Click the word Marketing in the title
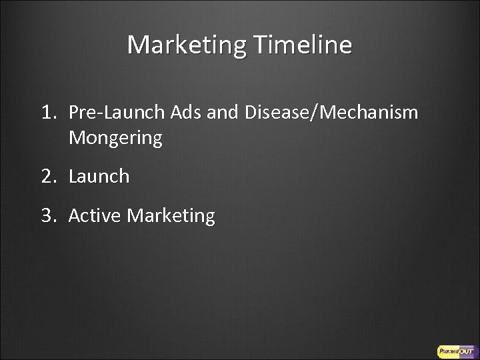(x=187, y=45)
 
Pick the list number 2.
(x=49, y=177)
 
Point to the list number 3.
(x=49, y=216)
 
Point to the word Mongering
(x=115, y=139)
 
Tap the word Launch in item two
(x=99, y=177)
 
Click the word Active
(x=95, y=216)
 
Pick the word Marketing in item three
(x=171, y=216)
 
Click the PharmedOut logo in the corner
(x=454, y=350)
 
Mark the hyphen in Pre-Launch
(x=95, y=114)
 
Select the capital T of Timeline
(x=259, y=45)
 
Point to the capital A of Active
(x=74, y=216)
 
